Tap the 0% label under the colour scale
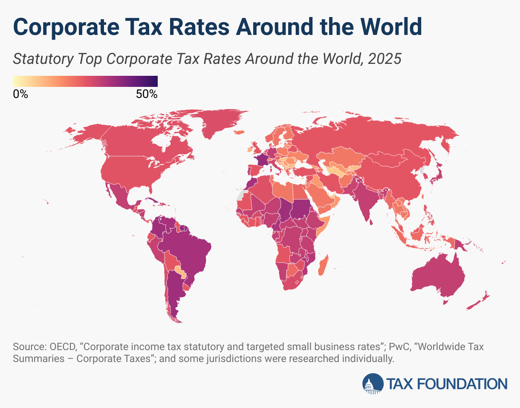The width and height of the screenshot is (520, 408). click(x=20, y=95)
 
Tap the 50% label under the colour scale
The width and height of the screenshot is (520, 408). click(x=147, y=95)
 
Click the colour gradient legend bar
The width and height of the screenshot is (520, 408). click(x=85, y=81)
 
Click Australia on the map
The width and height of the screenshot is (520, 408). click(x=439, y=279)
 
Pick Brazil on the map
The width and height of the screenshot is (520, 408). click(x=188, y=251)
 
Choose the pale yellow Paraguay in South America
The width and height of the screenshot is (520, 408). click(x=181, y=271)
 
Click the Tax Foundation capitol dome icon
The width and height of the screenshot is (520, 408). click(x=373, y=383)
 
